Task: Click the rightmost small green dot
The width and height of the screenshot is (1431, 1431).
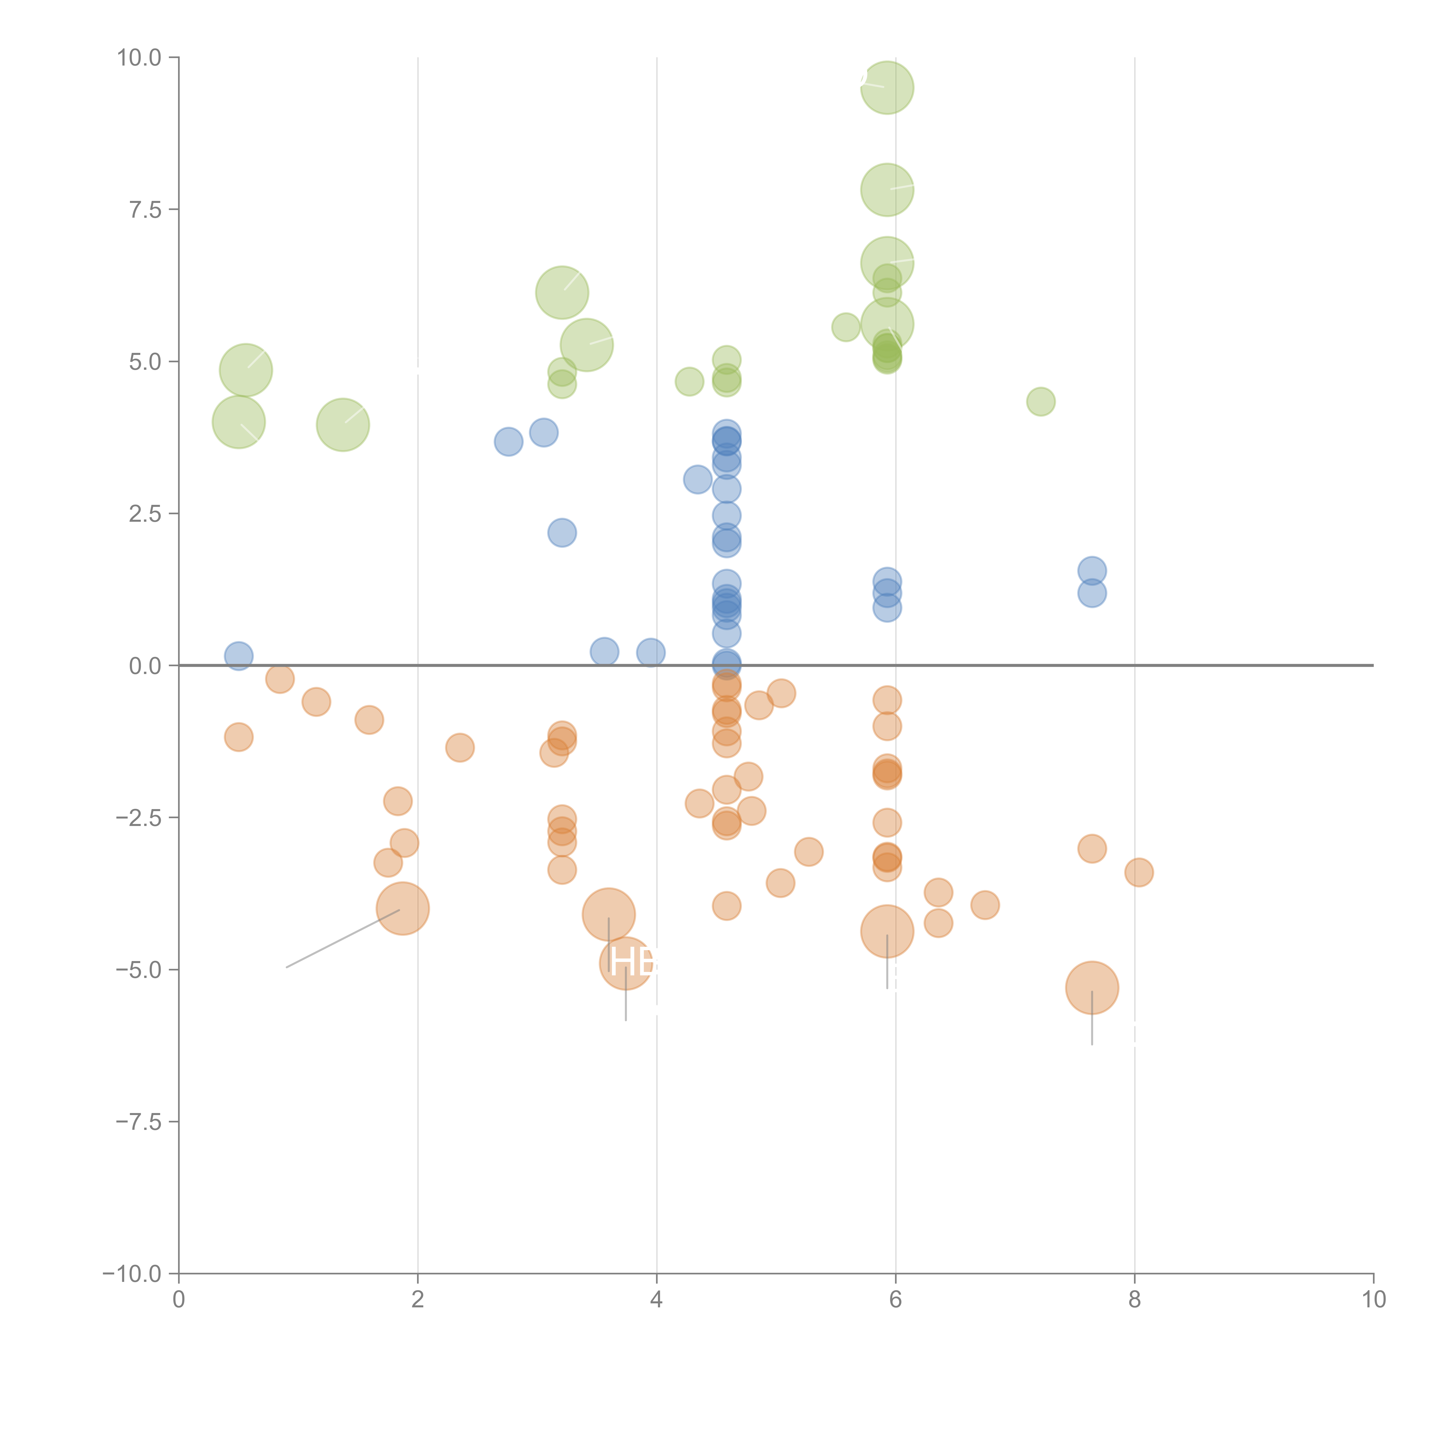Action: (x=1041, y=402)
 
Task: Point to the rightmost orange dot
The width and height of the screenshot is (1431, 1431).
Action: (x=1139, y=872)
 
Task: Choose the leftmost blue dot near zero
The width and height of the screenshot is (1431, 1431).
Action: (x=238, y=655)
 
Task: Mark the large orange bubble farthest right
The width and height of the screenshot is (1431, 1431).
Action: (x=1092, y=987)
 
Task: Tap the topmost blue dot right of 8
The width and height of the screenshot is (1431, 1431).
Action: (x=1092, y=570)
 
